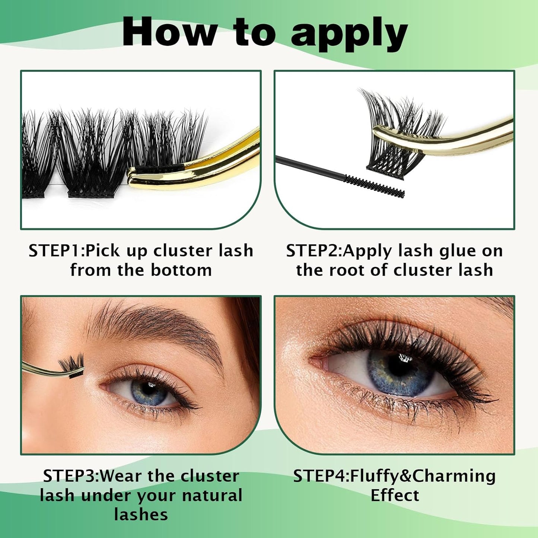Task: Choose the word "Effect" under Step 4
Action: pyautogui.click(x=395, y=496)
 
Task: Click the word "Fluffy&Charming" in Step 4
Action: pyautogui.click(x=423, y=476)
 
